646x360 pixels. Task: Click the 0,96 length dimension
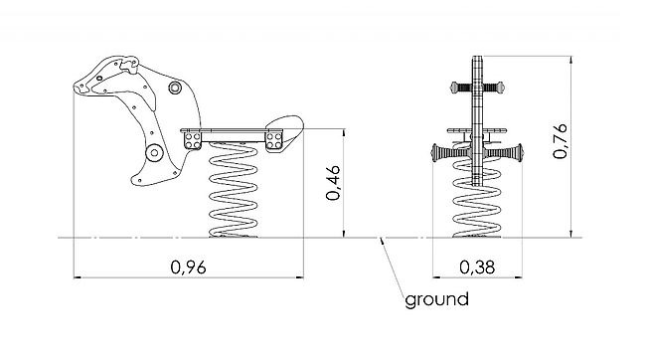tap(188, 268)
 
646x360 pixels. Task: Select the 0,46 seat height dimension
tap(333, 183)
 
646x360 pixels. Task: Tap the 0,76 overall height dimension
tap(561, 140)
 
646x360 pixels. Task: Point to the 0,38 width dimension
tap(477, 268)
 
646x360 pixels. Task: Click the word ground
tap(436, 299)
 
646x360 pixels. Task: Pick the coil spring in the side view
tap(234, 190)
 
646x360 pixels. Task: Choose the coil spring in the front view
tap(477, 199)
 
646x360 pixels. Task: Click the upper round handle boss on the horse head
tap(175, 88)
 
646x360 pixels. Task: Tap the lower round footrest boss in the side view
tap(154, 153)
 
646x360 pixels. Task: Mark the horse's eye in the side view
tap(99, 78)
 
